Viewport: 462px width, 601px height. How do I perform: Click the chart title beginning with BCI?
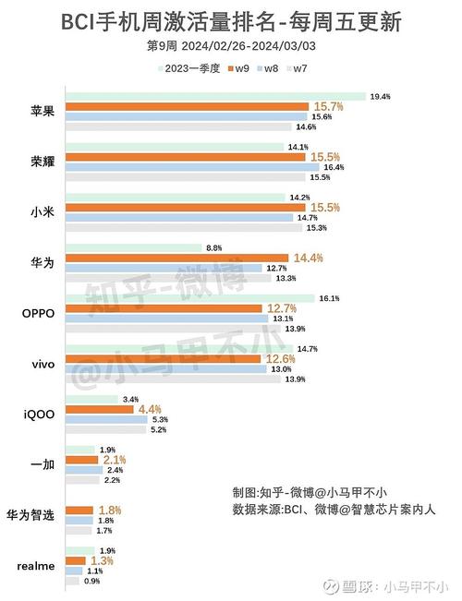pyautogui.click(x=231, y=21)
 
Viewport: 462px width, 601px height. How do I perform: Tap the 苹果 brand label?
pyautogui.click(x=42, y=112)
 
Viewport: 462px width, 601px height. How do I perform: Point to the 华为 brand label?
pyautogui.click(x=42, y=263)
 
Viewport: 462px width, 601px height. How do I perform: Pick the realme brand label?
pyautogui.click(x=36, y=566)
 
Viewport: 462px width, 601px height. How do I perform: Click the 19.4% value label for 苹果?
pyautogui.click(x=380, y=96)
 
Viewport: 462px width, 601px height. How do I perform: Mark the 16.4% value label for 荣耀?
pyautogui.click(x=334, y=167)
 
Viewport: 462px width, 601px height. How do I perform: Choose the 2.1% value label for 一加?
pyautogui.click(x=115, y=460)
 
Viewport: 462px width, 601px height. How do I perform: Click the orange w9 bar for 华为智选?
pyautogui.click(x=79, y=510)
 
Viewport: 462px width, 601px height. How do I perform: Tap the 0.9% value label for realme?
pyautogui.click(x=93, y=581)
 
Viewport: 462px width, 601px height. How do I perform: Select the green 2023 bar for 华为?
pyautogui.click(x=135, y=247)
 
